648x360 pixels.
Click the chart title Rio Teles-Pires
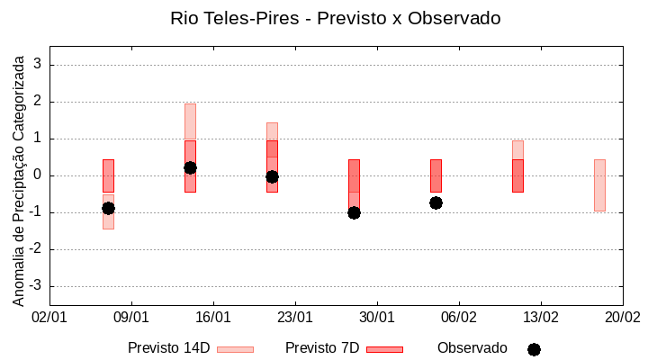point(335,18)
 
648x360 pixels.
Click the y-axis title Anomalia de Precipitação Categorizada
point(19,178)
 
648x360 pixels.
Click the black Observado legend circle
point(534,349)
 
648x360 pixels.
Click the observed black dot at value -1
point(354,212)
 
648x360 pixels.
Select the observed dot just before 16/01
point(190,167)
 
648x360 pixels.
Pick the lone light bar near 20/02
point(599,184)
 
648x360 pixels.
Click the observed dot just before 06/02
point(436,202)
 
